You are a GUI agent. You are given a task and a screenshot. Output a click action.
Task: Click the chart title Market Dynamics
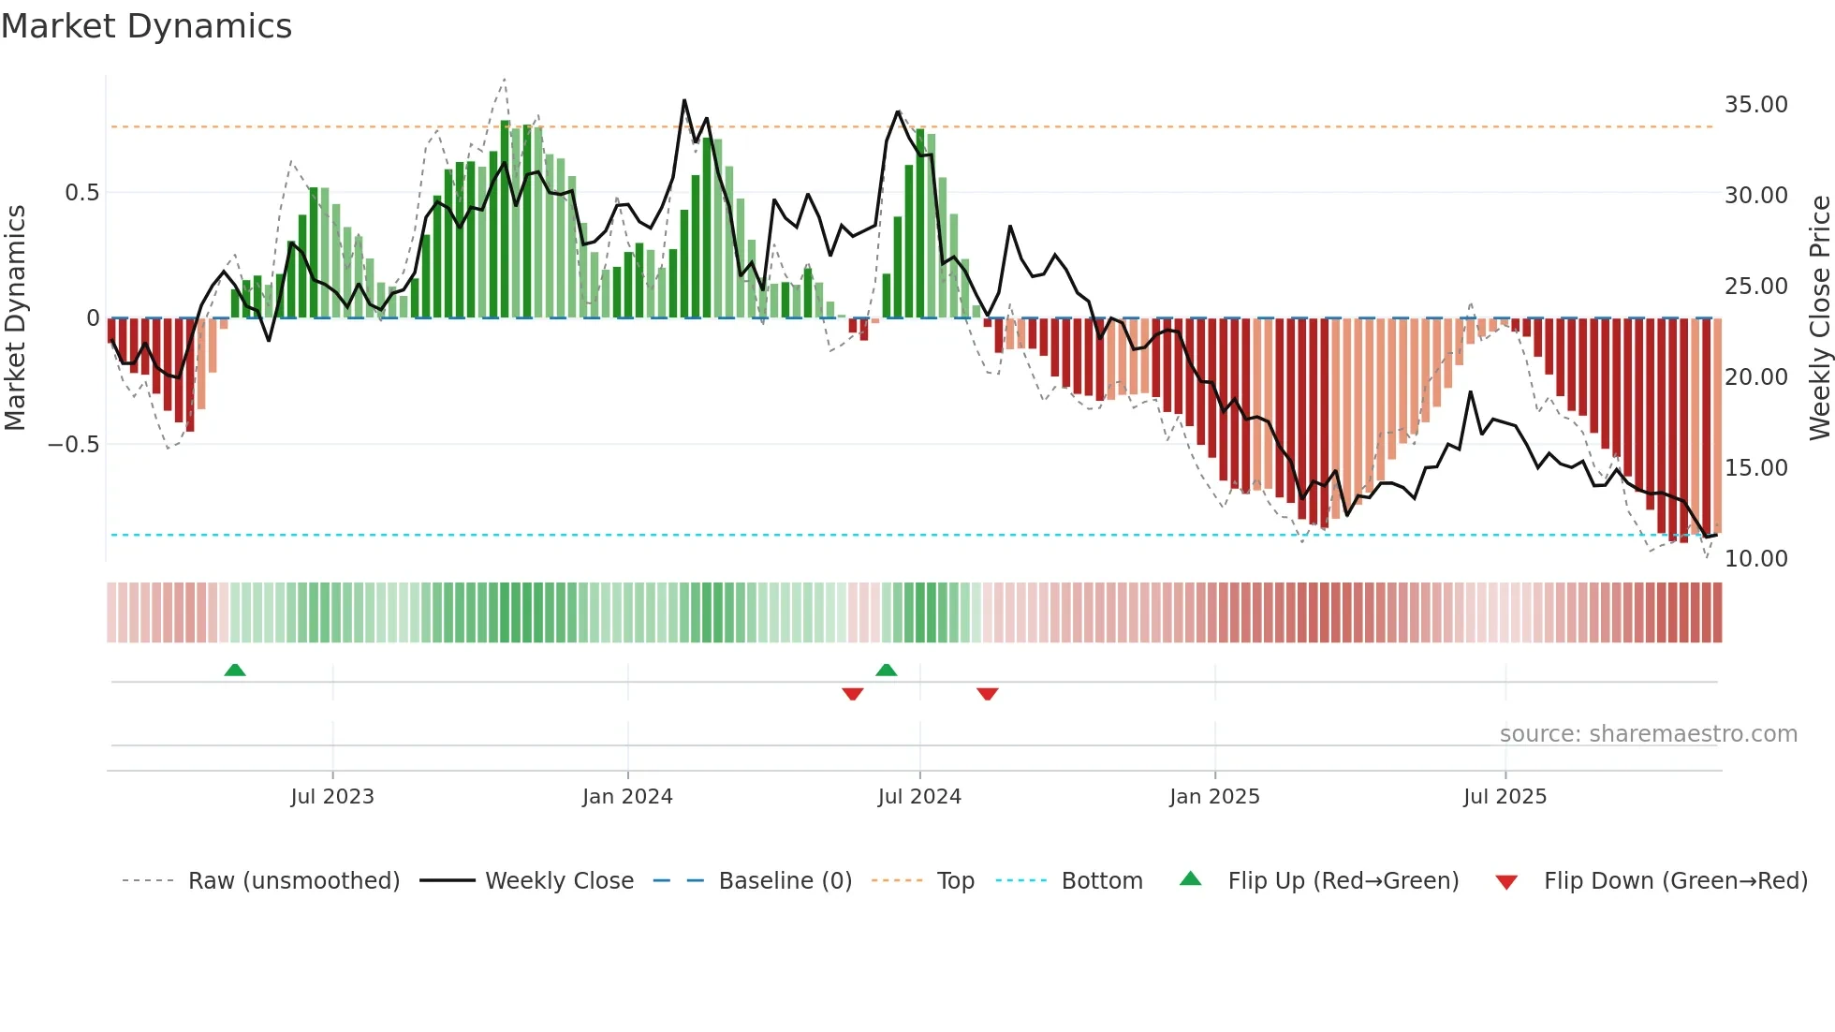[146, 26]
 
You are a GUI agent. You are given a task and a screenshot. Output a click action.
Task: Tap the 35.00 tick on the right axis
[1755, 104]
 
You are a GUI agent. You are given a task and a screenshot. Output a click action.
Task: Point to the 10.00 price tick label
[1755, 558]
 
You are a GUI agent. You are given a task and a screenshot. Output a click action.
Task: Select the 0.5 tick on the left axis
[81, 193]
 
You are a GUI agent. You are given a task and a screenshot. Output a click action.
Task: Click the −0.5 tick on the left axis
[73, 444]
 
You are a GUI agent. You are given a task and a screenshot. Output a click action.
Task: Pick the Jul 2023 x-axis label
[331, 797]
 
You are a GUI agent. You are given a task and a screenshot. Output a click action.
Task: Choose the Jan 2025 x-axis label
[1213, 797]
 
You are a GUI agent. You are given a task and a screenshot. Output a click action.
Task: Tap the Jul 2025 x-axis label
[1505, 797]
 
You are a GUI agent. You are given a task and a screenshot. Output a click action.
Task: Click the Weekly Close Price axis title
[1819, 317]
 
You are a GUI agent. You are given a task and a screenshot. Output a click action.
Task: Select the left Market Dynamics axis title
[15, 317]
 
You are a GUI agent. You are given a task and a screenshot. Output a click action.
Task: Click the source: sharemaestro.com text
[1648, 734]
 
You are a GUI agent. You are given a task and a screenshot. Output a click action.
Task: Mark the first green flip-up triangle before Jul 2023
[235, 670]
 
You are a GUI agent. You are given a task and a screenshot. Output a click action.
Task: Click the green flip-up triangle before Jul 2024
[886, 670]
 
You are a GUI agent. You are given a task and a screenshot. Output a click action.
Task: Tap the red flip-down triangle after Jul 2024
[987, 694]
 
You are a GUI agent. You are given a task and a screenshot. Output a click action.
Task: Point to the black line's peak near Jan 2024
[684, 100]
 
